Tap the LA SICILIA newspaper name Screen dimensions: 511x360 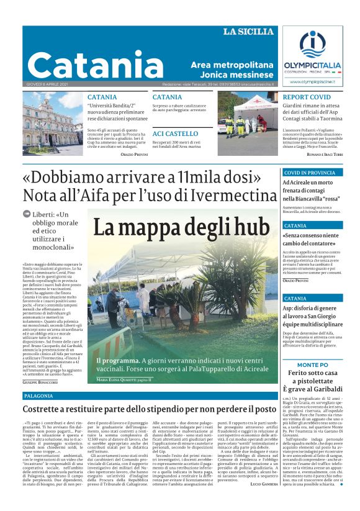coord(248,32)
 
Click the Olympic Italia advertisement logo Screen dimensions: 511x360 coord(312,56)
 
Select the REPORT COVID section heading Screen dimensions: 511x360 coord(307,97)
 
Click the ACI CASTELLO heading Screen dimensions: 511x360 coord(175,133)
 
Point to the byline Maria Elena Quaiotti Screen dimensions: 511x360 coord(124,379)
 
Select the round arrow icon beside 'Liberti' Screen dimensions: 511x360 coord(27,214)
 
